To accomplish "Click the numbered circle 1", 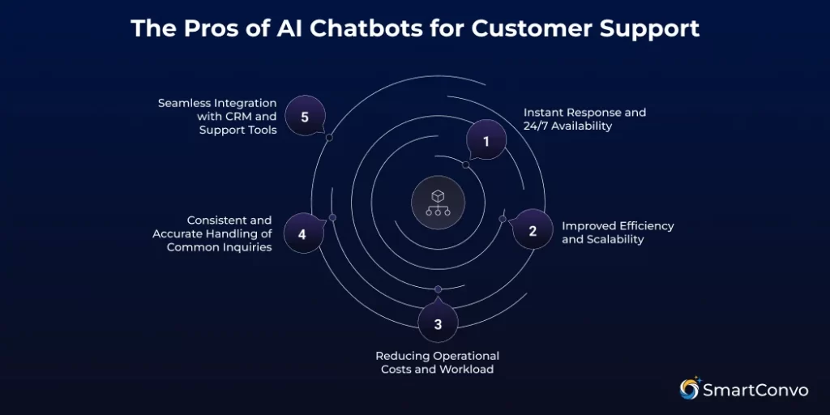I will [486, 141].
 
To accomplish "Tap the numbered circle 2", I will [533, 230].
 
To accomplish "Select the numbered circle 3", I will [438, 324].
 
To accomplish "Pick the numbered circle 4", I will [302, 233].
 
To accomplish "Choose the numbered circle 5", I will [305, 117].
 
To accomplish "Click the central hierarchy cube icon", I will [438, 202].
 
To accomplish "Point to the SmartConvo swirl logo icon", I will [690, 388].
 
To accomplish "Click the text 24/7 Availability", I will [567, 126].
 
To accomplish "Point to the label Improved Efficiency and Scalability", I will [618, 233].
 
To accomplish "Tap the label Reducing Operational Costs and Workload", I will [437, 362].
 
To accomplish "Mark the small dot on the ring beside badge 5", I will [329, 138].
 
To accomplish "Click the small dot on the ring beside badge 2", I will [503, 219].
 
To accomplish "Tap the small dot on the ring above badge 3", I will [438, 289].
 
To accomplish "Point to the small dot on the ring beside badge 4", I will [332, 217].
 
